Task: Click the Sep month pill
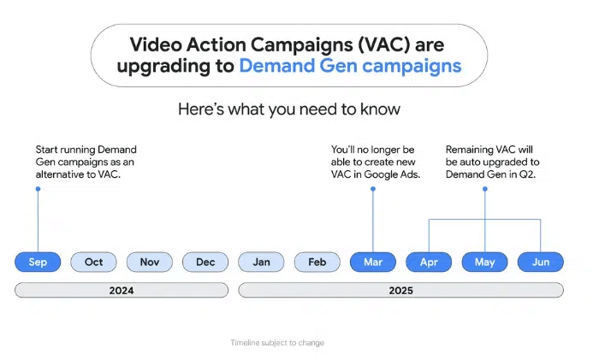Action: pos(38,262)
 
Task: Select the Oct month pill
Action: pos(93,262)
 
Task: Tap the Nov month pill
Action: pos(150,262)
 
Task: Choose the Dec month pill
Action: pos(205,262)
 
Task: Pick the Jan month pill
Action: pos(261,262)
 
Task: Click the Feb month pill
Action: pos(317,262)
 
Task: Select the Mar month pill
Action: pos(373,262)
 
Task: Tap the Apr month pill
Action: pos(429,262)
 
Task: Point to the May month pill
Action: pos(485,262)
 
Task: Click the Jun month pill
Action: pos(541,262)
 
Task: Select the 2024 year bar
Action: pos(122,291)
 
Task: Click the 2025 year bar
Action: pos(400,291)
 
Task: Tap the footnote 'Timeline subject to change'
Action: pos(277,343)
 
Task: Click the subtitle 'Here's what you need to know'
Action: pos(289,109)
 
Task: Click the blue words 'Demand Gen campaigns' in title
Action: pos(350,66)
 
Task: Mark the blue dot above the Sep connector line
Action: pos(38,189)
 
